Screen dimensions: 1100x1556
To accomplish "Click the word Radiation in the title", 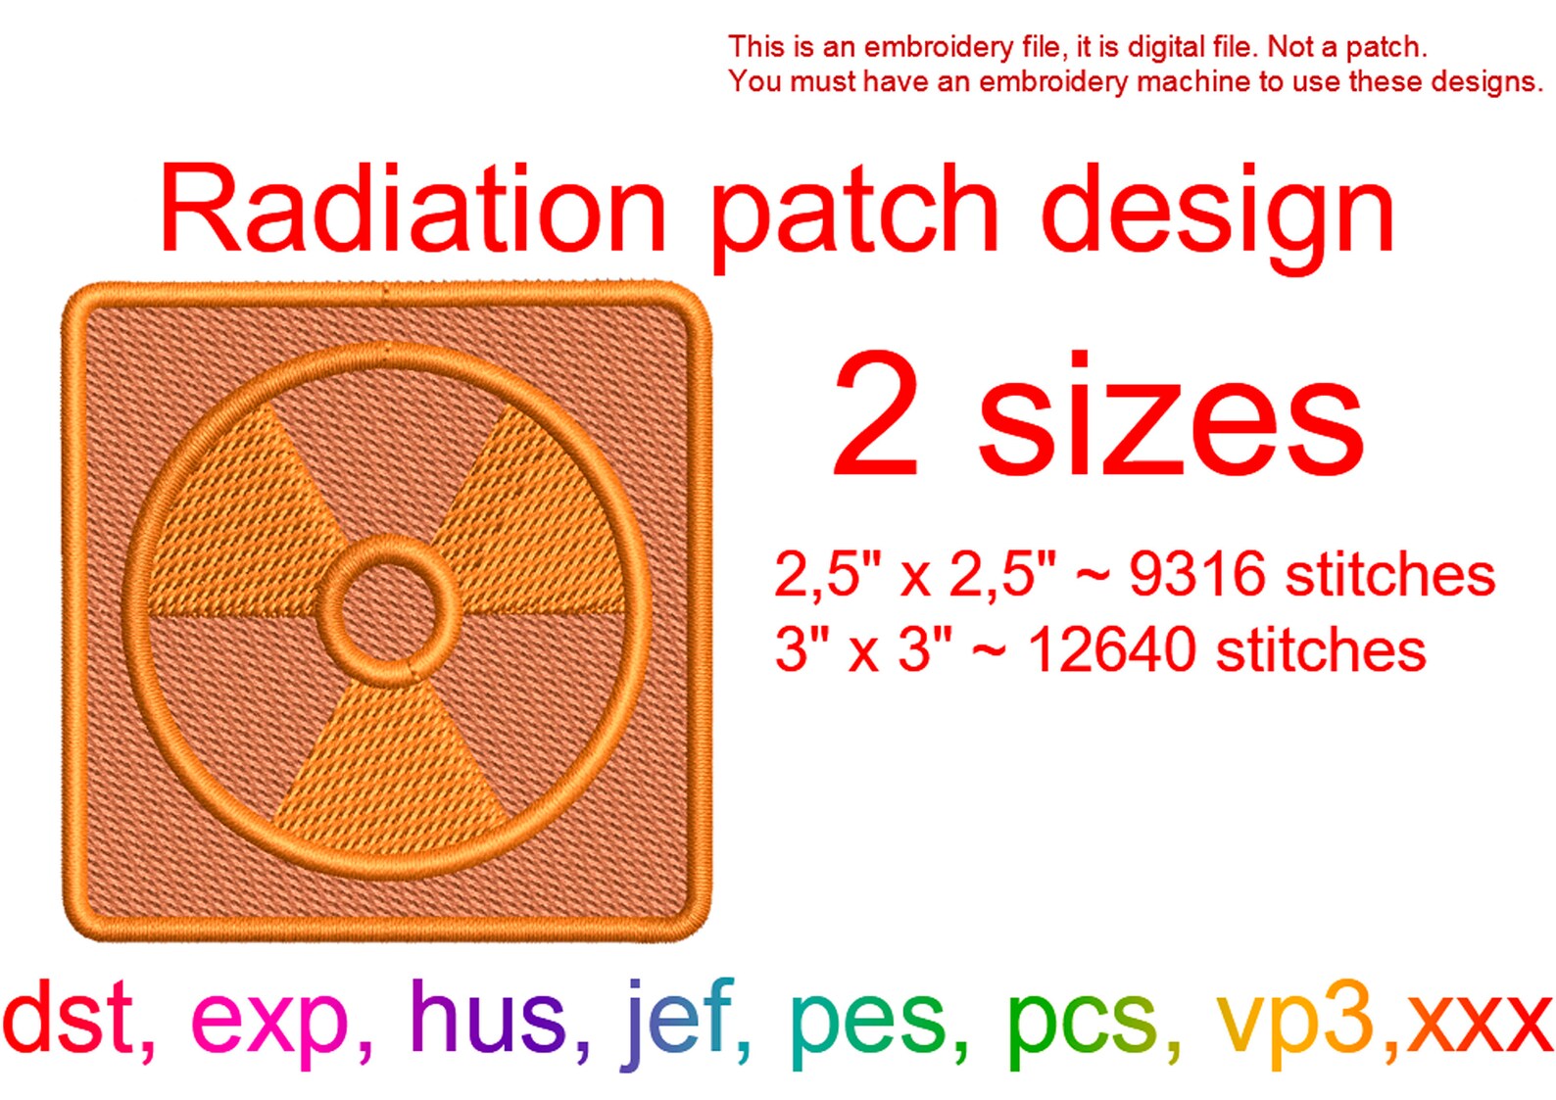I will click(x=413, y=210).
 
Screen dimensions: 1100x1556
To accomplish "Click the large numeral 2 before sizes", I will click(x=876, y=415).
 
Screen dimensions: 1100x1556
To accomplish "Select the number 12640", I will click(x=1113, y=650).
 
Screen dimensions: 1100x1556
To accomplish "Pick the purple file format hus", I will click(x=487, y=1019).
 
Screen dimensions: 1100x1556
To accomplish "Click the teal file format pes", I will click(x=868, y=1024).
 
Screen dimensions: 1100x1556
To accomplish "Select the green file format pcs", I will click(x=1082, y=1024).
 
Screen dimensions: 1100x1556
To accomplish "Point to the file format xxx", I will click(x=1480, y=1024).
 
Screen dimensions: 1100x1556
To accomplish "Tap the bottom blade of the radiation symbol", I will click(x=390, y=764).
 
